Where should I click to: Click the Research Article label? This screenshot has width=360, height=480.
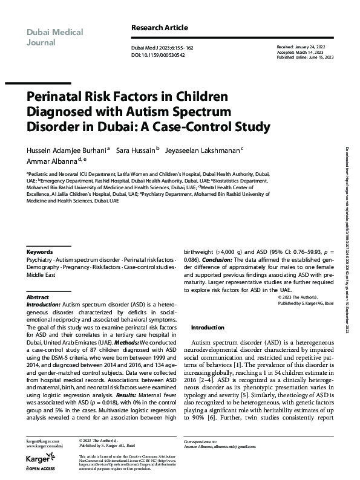160,28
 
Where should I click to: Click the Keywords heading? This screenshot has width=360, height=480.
40,268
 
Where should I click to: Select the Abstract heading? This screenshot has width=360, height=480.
38,298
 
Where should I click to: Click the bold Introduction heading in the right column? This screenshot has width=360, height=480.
208,327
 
